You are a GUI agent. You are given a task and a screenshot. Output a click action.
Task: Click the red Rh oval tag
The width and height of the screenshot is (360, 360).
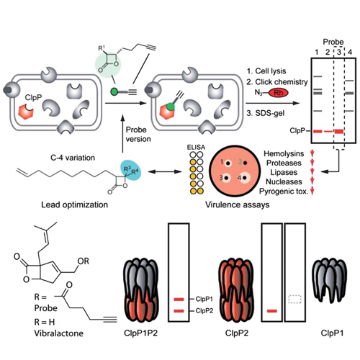[278, 93]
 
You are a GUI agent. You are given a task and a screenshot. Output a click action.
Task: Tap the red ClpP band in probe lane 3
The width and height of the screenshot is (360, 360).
[339, 131]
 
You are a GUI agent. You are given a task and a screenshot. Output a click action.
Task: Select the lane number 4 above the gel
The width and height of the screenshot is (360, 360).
[350, 52]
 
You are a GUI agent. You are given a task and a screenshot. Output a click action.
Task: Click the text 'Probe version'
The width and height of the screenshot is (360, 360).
[138, 134]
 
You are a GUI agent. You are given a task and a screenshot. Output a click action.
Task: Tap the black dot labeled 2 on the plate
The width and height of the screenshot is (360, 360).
[246, 163]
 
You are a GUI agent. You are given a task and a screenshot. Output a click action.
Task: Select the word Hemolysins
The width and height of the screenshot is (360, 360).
[284, 153]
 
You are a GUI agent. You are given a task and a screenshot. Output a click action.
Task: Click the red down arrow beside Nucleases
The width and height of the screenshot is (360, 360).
[312, 181]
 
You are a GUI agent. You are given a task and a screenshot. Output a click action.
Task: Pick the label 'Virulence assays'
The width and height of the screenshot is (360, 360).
[237, 204]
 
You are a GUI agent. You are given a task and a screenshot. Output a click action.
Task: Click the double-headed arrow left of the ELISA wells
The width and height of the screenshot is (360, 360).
[165, 171]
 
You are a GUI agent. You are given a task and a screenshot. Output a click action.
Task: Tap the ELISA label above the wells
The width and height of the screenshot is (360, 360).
[196, 147]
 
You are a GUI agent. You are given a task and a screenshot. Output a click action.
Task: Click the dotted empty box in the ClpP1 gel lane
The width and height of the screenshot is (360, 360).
[294, 300]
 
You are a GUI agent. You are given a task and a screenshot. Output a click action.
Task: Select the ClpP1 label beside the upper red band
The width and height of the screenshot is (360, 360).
[204, 299]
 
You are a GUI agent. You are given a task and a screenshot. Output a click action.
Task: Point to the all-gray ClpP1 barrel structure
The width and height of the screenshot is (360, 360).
[329, 279]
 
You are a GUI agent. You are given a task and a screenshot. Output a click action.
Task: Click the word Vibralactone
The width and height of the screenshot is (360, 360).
[59, 333]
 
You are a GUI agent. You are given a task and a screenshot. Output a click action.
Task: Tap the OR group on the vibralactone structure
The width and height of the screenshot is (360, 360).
[83, 261]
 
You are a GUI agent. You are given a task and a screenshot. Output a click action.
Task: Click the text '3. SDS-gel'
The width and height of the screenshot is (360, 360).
[266, 113]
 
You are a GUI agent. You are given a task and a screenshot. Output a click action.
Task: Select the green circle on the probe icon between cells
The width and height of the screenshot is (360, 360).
[114, 91]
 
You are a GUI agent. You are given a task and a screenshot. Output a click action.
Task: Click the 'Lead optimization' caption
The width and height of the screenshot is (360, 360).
[75, 204]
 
